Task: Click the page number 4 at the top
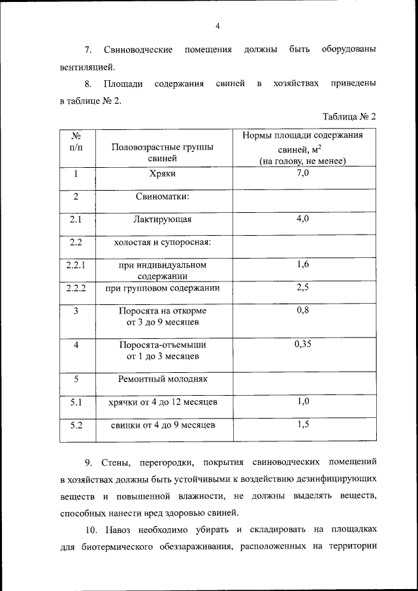[x=218, y=26]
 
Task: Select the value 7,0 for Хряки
[x=302, y=173]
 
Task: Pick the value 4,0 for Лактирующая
[x=302, y=219]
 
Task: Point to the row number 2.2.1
[x=76, y=264]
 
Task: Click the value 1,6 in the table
[x=302, y=264]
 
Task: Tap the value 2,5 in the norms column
[x=302, y=287]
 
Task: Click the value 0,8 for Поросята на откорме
[x=302, y=310]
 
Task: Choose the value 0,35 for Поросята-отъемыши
[x=302, y=343]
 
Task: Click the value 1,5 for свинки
[x=302, y=424]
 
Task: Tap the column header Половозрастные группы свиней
[x=163, y=152]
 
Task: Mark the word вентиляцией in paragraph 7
[x=86, y=66]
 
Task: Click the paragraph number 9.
[x=89, y=463]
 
